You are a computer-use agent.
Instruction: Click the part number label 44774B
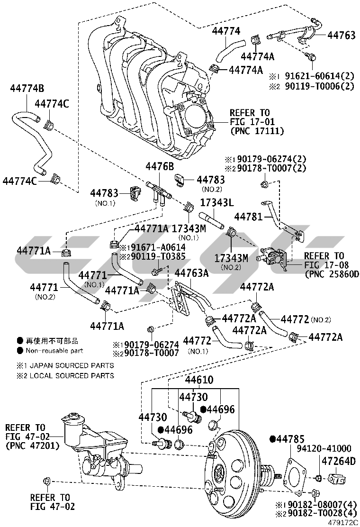[27, 88]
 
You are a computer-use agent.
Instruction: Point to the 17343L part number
[216, 202]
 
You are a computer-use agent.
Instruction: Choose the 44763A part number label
[192, 273]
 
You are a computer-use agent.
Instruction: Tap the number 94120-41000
[324, 448]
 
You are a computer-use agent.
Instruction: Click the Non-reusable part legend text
[54, 351]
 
